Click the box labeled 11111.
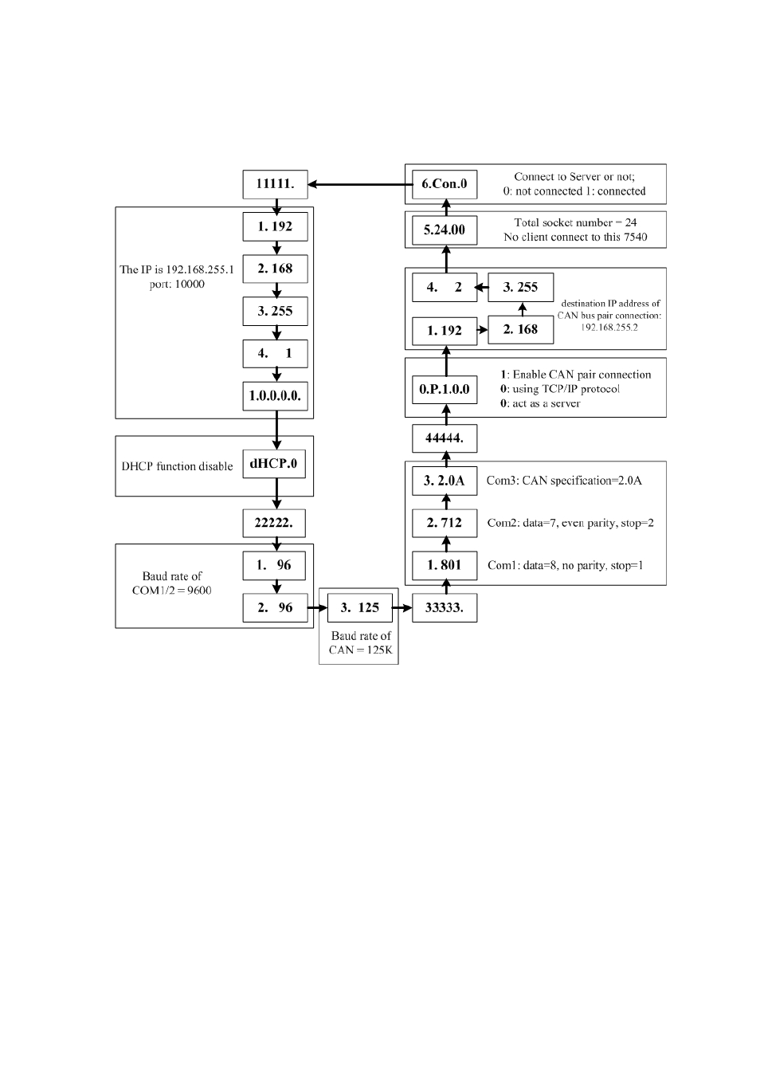pyautogui.click(x=275, y=184)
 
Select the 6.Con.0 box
pyautogui.click(x=445, y=184)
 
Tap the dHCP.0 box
pyautogui.click(x=274, y=464)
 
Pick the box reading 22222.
pyautogui.click(x=274, y=523)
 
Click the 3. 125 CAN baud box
pyautogui.click(x=360, y=607)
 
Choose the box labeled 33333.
pyautogui.click(x=445, y=607)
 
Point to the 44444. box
pyautogui.click(x=445, y=438)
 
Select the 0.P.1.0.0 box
pyautogui.click(x=445, y=389)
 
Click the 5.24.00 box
pyautogui.click(x=445, y=230)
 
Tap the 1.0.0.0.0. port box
pyautogui.click(x=275, y=396)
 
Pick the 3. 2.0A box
pyautogui.click(x=445, y=481)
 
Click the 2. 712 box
pyautogui.click(x=445, y=523)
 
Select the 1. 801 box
pyautogui.click(x=445, y=565)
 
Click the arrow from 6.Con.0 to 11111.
pyautogui.click(x=360, y=184)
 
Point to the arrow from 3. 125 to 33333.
pyautogui.click(x=402, y=608)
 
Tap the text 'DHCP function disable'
pyautogui.click(x=177, y=466)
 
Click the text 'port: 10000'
pyautogui.click(x=177, y=285)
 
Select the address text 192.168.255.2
pyautogui.click(x=609, y=328)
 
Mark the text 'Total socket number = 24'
pyautogui.click(x=576, y=222)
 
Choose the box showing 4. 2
pyautogui.click(x=445, y=287)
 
